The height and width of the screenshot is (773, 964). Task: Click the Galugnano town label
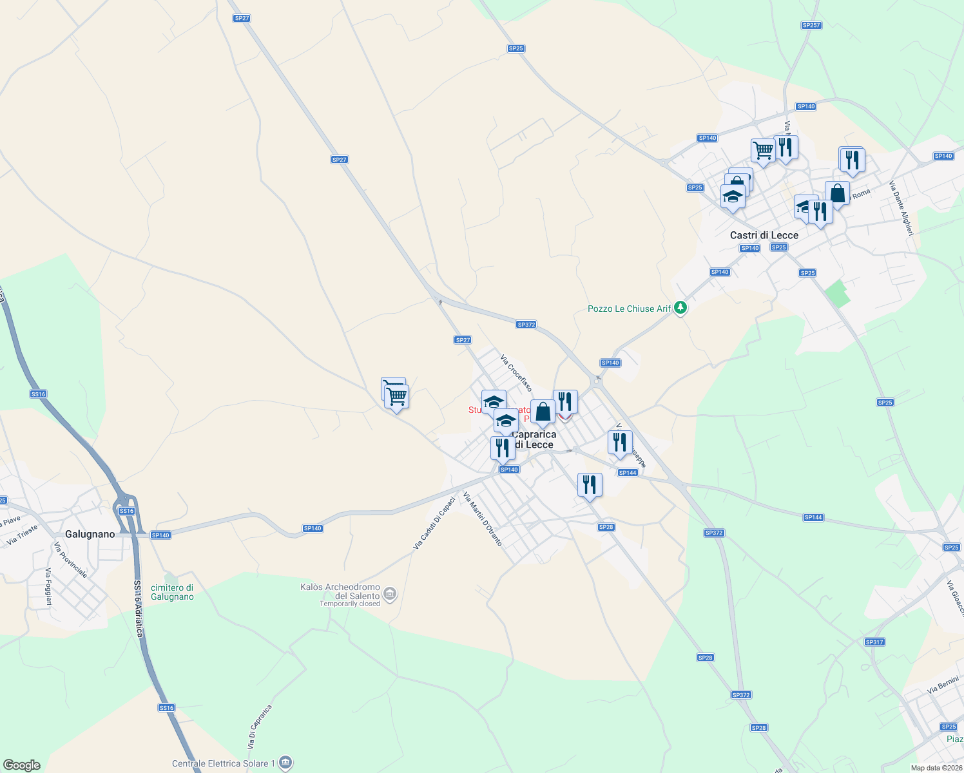(x=90, y=534)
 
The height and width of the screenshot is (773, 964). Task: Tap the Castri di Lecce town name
(x=764, y=235)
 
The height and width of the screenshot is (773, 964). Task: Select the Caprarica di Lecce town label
(x=534, y=439)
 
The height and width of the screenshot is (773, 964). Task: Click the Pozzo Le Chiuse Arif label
(x=629, y=309)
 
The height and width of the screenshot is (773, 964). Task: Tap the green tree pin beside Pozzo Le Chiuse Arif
(x=680, y=309)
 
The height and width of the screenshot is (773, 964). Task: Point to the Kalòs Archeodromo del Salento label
(x=340, y=591)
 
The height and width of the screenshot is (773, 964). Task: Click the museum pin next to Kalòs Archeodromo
(x=390, y=593)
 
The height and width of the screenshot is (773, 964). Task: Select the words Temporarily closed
(x=350, y=604)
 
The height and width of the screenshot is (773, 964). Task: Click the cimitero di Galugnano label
(x=172, y=592)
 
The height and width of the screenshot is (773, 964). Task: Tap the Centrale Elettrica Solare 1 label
(x=224, y=764)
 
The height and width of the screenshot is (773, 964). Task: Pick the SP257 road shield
(x=811, y=25)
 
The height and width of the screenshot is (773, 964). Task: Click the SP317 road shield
(x=874, y=642)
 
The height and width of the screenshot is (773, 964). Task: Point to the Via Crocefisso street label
(x=516, y=373)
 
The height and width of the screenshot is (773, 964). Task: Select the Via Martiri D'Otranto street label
(x=483, y=519)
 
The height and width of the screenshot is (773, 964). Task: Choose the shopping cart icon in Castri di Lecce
(x=763, y=151)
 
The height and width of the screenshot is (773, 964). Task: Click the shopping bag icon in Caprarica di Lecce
(x=543, y=412)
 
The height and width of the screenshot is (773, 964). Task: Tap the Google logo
(x=22, y=765)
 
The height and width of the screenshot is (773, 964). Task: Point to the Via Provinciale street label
(x=70, y=560)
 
